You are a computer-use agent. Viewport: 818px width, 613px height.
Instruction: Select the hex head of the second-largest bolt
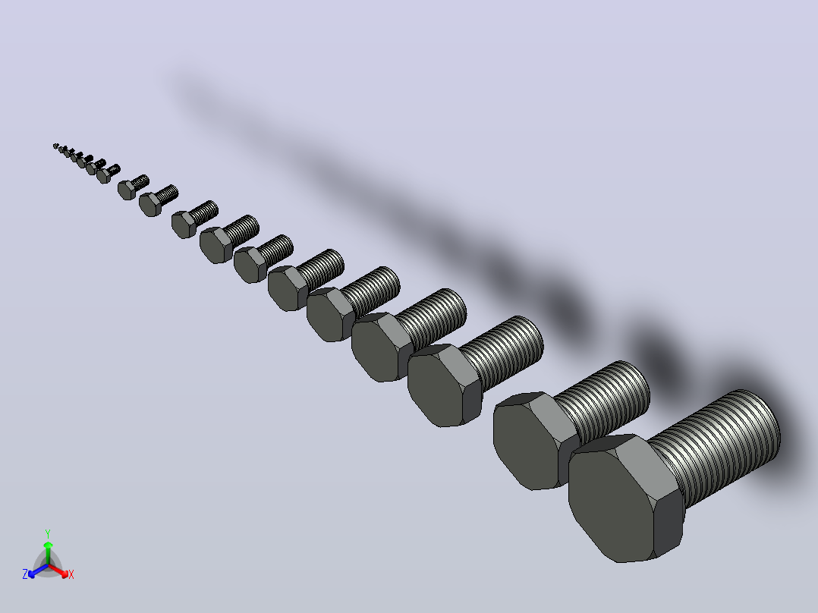tap(532, 444)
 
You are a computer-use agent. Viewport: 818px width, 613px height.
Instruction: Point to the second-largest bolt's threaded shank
tap(608, 401)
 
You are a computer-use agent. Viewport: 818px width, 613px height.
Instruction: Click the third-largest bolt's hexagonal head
tap(443, 386)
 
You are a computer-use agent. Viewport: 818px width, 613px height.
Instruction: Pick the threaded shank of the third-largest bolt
tap(503, 352)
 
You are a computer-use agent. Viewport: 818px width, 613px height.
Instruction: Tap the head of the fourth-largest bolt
tap(382, 347)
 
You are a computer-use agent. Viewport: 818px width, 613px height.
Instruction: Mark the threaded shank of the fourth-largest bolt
tap(433, 318)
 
